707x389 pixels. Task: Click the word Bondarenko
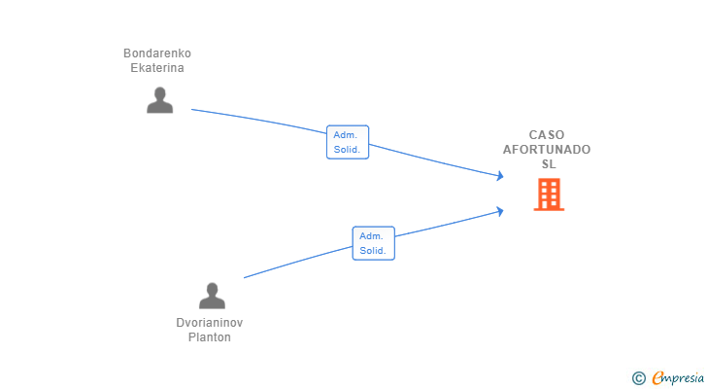point(157,53)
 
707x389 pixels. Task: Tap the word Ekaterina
point(157,68)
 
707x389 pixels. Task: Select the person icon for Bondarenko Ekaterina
point(159,100)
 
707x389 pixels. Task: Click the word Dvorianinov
point(210,323)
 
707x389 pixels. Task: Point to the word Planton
point(210,337)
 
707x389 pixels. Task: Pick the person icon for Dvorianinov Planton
point(212,296)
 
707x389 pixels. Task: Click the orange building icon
point(549,194)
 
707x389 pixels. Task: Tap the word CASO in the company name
point(547,135)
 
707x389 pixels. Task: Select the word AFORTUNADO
point(547,150)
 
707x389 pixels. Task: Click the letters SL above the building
point(549,164)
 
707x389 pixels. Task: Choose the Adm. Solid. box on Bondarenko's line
point(348,142)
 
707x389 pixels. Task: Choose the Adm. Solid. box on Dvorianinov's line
point(373,243)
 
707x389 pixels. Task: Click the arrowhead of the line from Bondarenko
point(500,176)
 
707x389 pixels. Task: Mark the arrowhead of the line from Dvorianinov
point(500,212)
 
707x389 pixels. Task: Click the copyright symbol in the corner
point(639,378)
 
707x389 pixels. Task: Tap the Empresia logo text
point(678,378)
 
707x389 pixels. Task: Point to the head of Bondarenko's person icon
point(159,93)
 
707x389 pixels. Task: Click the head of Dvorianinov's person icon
point(212,289)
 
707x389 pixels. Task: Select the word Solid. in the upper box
point(348,150)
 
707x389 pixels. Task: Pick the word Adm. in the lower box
point(371,236)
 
